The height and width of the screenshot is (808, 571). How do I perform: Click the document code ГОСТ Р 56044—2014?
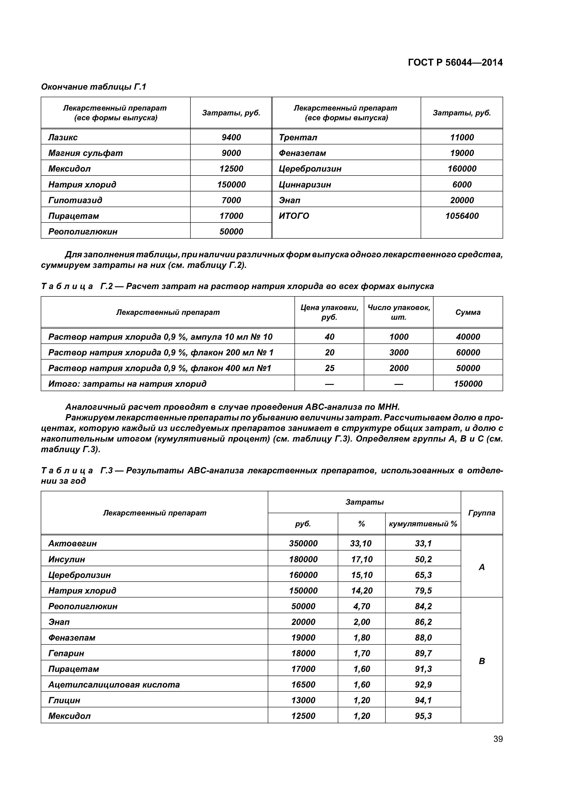tap(455, 63)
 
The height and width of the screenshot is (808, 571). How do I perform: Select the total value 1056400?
tap(462, 216)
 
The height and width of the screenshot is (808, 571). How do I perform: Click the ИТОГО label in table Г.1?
tap(294, 216)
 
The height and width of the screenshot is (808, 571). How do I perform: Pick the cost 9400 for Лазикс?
tap(231, 137)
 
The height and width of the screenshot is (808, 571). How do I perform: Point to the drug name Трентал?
tap(298, 137)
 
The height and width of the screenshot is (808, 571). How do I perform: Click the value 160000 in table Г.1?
tap(462, 169)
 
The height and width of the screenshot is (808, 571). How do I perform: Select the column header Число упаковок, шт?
tap(399, 312)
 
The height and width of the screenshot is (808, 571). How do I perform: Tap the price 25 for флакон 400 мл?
tap(329, 368)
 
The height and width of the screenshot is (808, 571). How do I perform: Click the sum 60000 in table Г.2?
tap(468, 352)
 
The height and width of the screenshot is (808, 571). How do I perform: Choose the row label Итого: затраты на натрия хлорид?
tap(127, 384)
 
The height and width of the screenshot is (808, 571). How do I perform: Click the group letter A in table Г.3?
tap(482, 567)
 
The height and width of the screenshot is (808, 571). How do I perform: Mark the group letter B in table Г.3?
tap(482, 661)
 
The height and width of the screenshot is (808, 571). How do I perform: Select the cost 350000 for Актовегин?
tap(303, 543)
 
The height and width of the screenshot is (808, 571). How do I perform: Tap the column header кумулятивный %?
tap(423, 524)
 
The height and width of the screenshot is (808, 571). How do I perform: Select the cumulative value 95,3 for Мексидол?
tap(423, 716)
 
